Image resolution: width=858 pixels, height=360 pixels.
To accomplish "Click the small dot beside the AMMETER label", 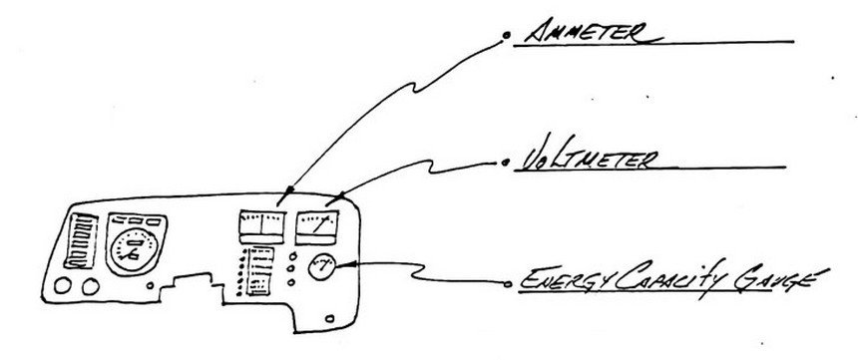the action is [x=506, y=36].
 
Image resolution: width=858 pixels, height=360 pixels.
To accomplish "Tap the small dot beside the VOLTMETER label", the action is [x=505, y=163].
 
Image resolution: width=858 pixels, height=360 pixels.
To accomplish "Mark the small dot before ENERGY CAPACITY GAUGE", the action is [x=508, y=283].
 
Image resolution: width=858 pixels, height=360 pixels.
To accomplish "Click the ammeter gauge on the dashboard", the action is [x=262, y=227].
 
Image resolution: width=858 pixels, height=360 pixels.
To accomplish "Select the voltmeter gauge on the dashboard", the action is [x=317, y=227].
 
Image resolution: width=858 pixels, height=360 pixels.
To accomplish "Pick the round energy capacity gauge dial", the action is [x=321, y=267].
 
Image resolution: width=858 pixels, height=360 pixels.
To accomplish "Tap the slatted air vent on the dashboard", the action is [x=81, y=241].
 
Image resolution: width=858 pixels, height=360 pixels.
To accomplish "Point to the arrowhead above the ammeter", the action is [x=285, y=195].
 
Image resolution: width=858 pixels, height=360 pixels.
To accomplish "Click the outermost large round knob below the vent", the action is [x=63, y=285].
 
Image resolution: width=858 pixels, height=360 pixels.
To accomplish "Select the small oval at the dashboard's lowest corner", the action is [x=330, y=318].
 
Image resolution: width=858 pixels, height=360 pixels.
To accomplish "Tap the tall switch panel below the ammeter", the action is [x=260, y=271].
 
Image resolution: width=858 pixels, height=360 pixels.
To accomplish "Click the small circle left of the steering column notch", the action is [x=151, y=285].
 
